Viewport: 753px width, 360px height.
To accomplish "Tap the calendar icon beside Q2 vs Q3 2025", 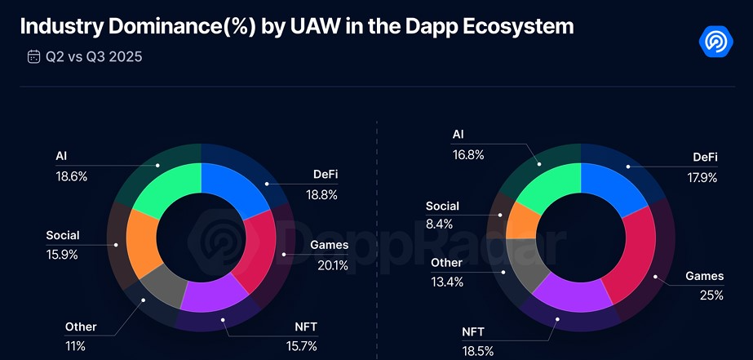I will [x=33, y=56].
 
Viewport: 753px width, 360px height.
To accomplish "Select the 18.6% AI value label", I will [x=71, y=176].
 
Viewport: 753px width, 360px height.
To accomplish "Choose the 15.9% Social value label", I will [x=62, y=255].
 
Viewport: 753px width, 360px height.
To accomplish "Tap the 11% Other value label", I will [x=75, y=346].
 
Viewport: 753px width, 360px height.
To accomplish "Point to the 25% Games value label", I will [x=711, y=296].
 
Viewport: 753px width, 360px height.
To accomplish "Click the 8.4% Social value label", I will [x=441, y=224].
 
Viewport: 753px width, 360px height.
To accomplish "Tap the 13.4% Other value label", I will [x=446, y=282].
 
